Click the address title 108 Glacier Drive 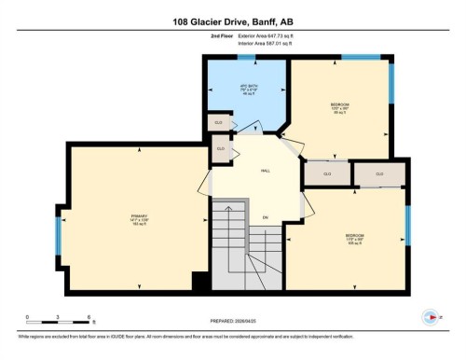pos(232,21)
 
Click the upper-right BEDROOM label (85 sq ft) pos(339,105)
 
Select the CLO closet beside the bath pos(216,122)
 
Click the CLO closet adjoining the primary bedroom pos(221,149)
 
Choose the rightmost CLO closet pos(379,173)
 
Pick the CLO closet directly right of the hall pos(327,174)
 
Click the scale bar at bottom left pos(58,323)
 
